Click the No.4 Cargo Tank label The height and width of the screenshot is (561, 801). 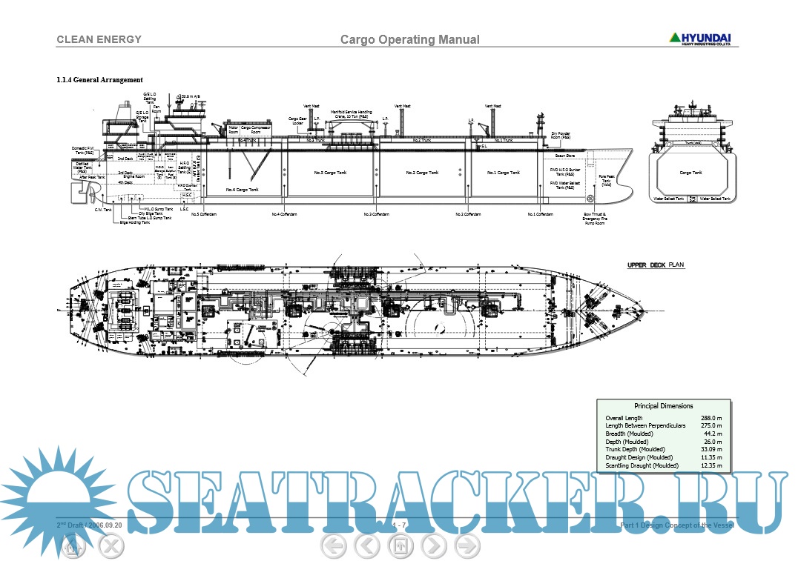click(242, 190)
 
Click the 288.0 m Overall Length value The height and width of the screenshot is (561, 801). click(712, 418)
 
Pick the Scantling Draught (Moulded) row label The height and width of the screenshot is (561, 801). click(642, 465)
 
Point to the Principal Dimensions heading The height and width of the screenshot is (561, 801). click(663, 406)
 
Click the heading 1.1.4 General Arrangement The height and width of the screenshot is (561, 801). click(99, 80)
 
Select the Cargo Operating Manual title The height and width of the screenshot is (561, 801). click(409, 40)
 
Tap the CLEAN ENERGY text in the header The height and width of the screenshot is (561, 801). click(99, 39)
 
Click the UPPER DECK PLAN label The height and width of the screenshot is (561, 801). click(656, 265)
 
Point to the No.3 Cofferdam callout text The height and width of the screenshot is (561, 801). click(376, 214)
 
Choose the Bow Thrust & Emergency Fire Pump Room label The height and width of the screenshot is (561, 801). click(595, 218)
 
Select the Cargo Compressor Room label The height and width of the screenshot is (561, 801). click(256, 129)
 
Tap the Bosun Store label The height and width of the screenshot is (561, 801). click(565, 156)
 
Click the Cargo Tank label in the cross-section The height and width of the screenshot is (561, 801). click(690, 173)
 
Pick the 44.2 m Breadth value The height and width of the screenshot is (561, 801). click(713, 434)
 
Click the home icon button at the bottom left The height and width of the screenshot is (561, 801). click(72, 547)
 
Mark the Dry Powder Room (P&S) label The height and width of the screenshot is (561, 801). click(561, 136)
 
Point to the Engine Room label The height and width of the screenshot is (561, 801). click(134, 176)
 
